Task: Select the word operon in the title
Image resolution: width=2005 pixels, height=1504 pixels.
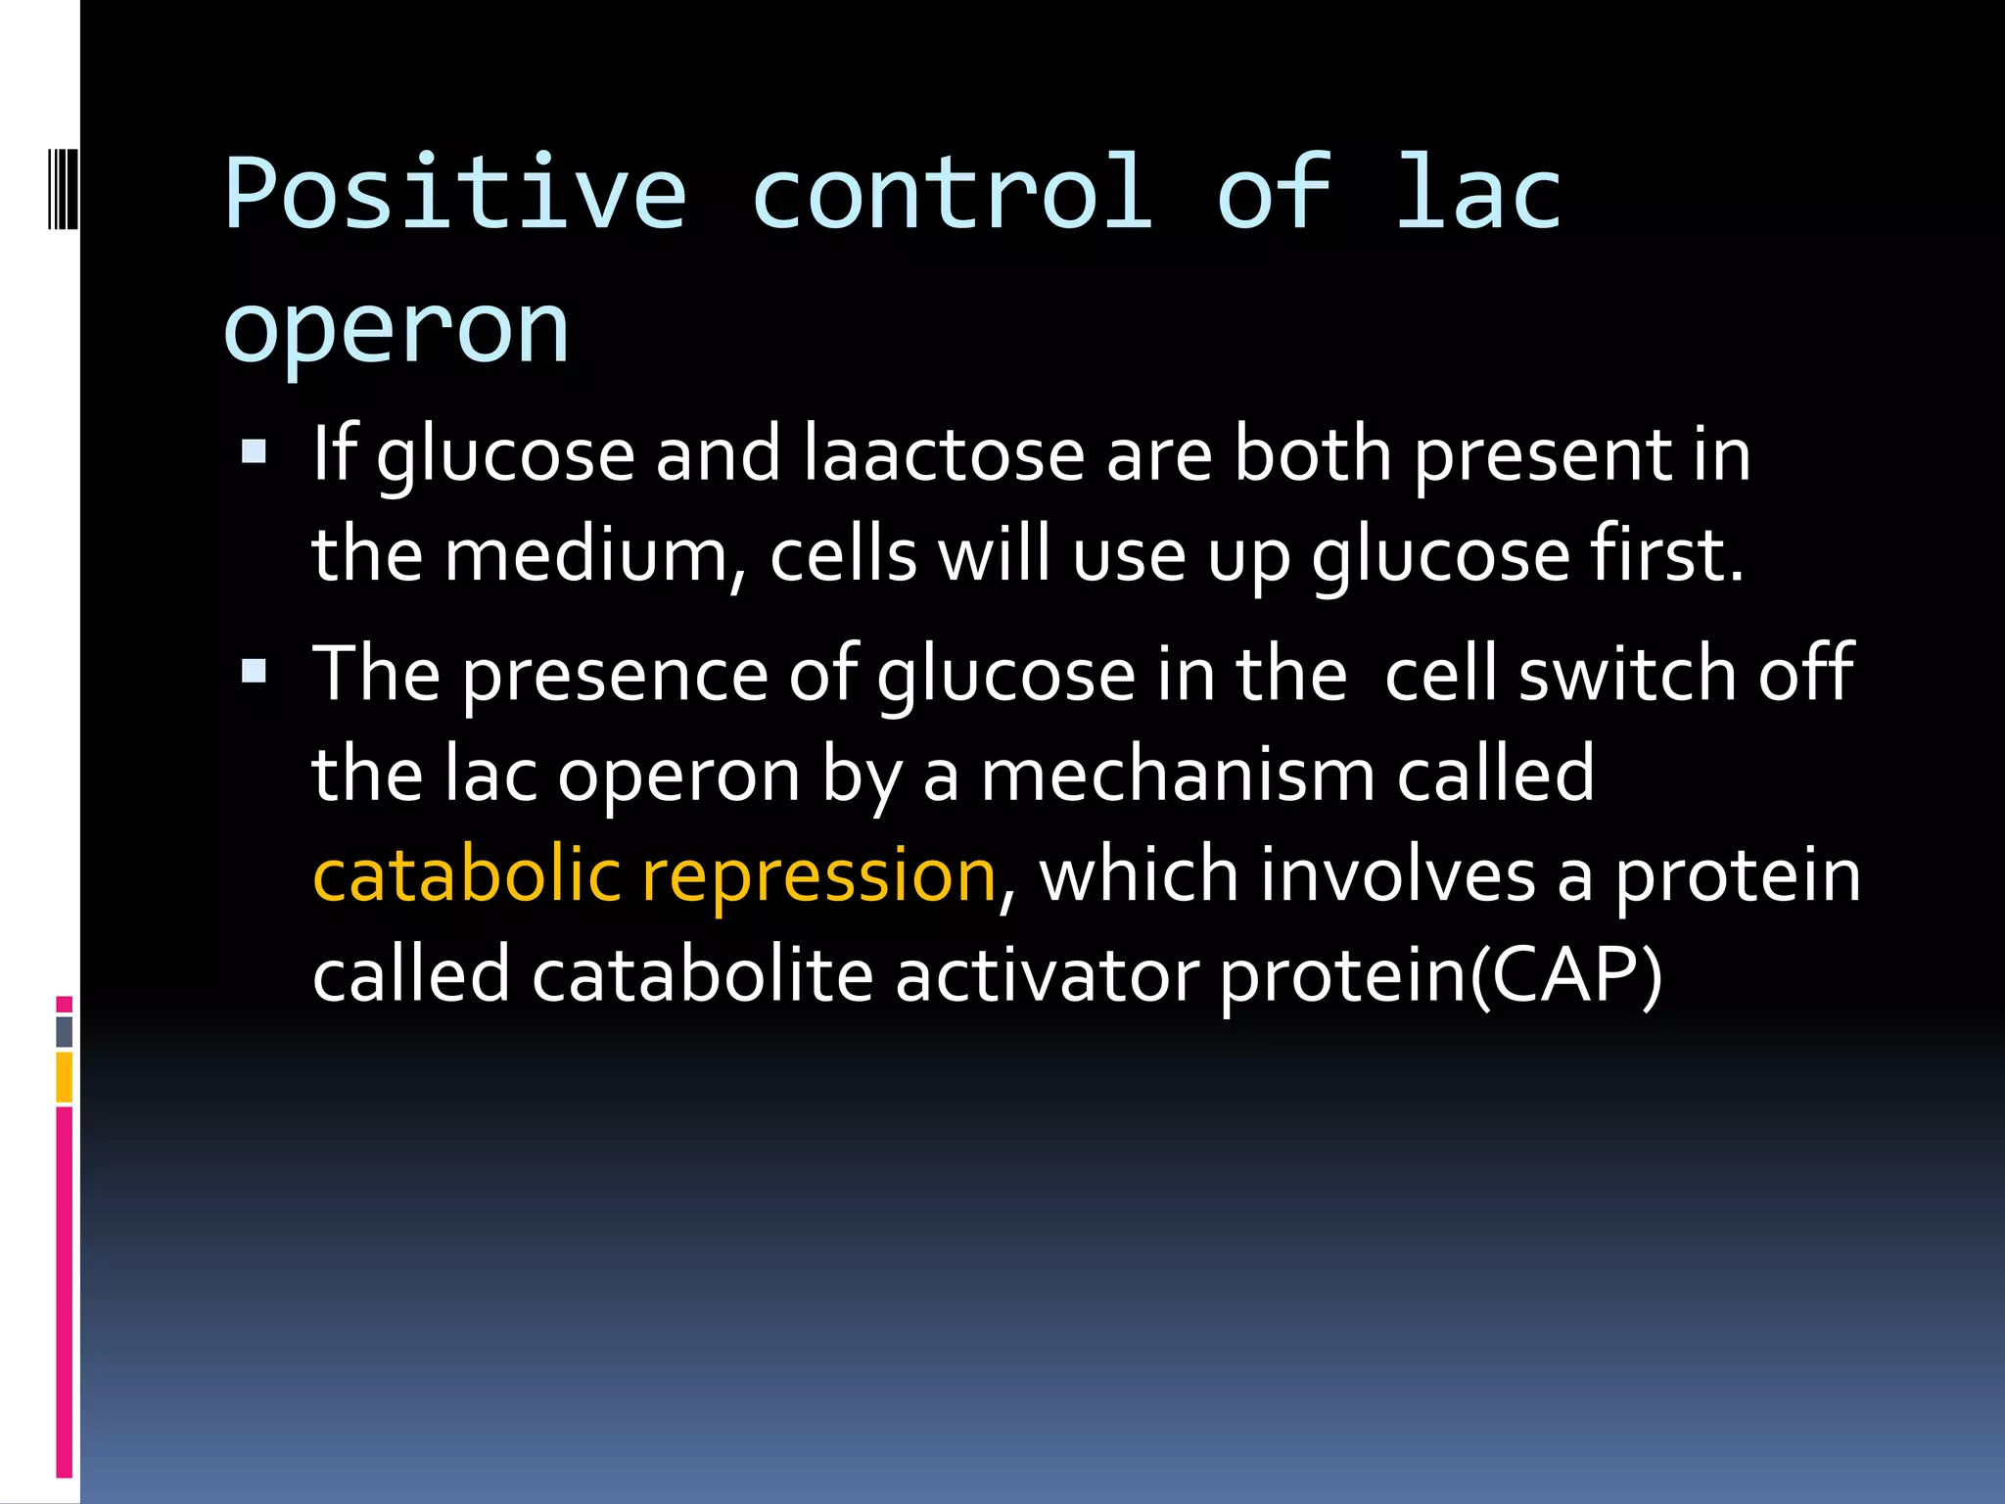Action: (396, 331)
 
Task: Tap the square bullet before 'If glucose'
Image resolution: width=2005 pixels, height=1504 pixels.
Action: (254, 451)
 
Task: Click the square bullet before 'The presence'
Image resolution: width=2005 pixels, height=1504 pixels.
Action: (254, 671)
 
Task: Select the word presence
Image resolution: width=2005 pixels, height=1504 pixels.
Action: (615, 676)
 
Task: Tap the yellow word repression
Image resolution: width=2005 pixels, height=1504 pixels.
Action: (818, 876)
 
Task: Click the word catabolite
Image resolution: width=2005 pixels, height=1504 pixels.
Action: (702, 975)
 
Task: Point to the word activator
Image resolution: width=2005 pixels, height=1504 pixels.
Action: (1047, 975)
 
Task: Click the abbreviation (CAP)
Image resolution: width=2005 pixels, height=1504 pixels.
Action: (1566, 975)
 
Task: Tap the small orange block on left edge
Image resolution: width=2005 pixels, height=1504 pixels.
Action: (64, 1077)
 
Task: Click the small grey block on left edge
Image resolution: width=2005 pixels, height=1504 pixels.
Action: (64, 1031)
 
